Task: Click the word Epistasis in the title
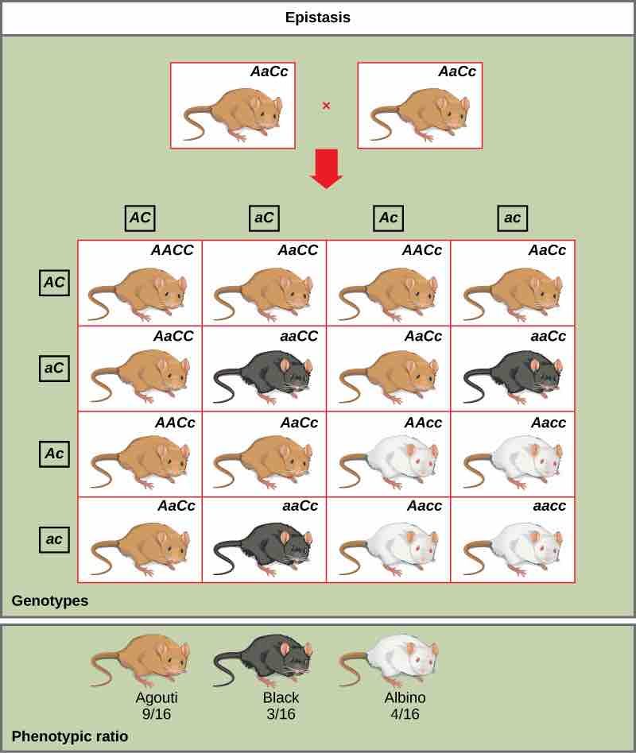318,17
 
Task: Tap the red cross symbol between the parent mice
326,106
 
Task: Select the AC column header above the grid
140,218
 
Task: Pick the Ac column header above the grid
388,218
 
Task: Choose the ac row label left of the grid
54,539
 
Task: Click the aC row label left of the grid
54,368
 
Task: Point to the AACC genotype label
172,250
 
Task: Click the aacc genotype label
549,506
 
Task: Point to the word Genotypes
49,601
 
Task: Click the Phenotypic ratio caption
69,736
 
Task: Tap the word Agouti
157,698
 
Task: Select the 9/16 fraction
157,714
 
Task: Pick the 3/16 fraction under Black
281,714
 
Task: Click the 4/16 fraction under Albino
405,714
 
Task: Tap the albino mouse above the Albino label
390,661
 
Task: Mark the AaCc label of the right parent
457,71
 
